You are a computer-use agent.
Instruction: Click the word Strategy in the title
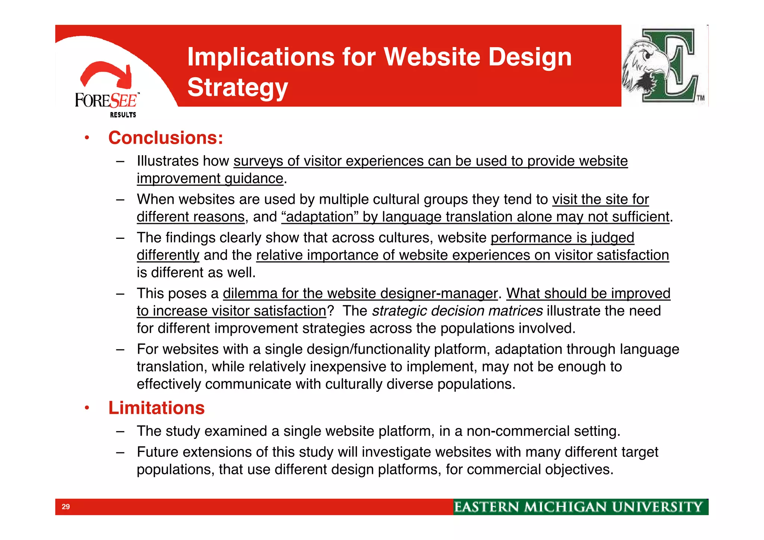pos(237,88)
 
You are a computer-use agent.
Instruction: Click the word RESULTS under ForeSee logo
pos(123,115)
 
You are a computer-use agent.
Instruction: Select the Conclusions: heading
pos(166,138)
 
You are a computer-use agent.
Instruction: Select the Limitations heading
pos(156,408)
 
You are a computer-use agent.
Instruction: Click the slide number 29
pos(66,507)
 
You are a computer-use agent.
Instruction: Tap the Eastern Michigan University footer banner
pos(580,507)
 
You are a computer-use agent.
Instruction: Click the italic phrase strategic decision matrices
pos(457,311)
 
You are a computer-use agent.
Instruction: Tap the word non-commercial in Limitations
pos(518,431)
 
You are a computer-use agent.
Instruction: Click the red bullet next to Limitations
pos(87,408)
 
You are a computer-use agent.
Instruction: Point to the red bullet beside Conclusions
pos(87,138)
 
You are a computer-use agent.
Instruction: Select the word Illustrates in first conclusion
pos(167,161)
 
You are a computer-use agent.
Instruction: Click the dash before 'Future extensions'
pos(120,452)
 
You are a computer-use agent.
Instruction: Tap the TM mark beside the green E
pos(701,98)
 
